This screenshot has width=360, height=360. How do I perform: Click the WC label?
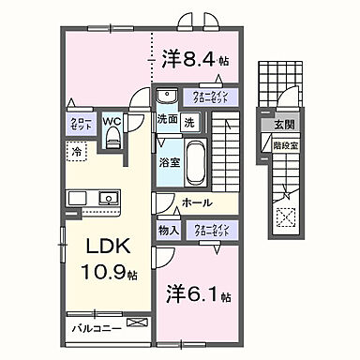tap(112, 121)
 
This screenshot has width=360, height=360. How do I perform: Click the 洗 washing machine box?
tap(188, 121)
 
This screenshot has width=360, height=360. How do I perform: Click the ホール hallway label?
tap(195, 202)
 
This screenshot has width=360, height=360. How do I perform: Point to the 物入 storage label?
tap(168, 230)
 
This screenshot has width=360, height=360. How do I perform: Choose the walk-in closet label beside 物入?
tap(213, 230)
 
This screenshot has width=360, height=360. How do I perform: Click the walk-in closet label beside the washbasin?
tap(214, 96)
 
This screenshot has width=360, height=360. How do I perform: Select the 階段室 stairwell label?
tap(284, 145)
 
